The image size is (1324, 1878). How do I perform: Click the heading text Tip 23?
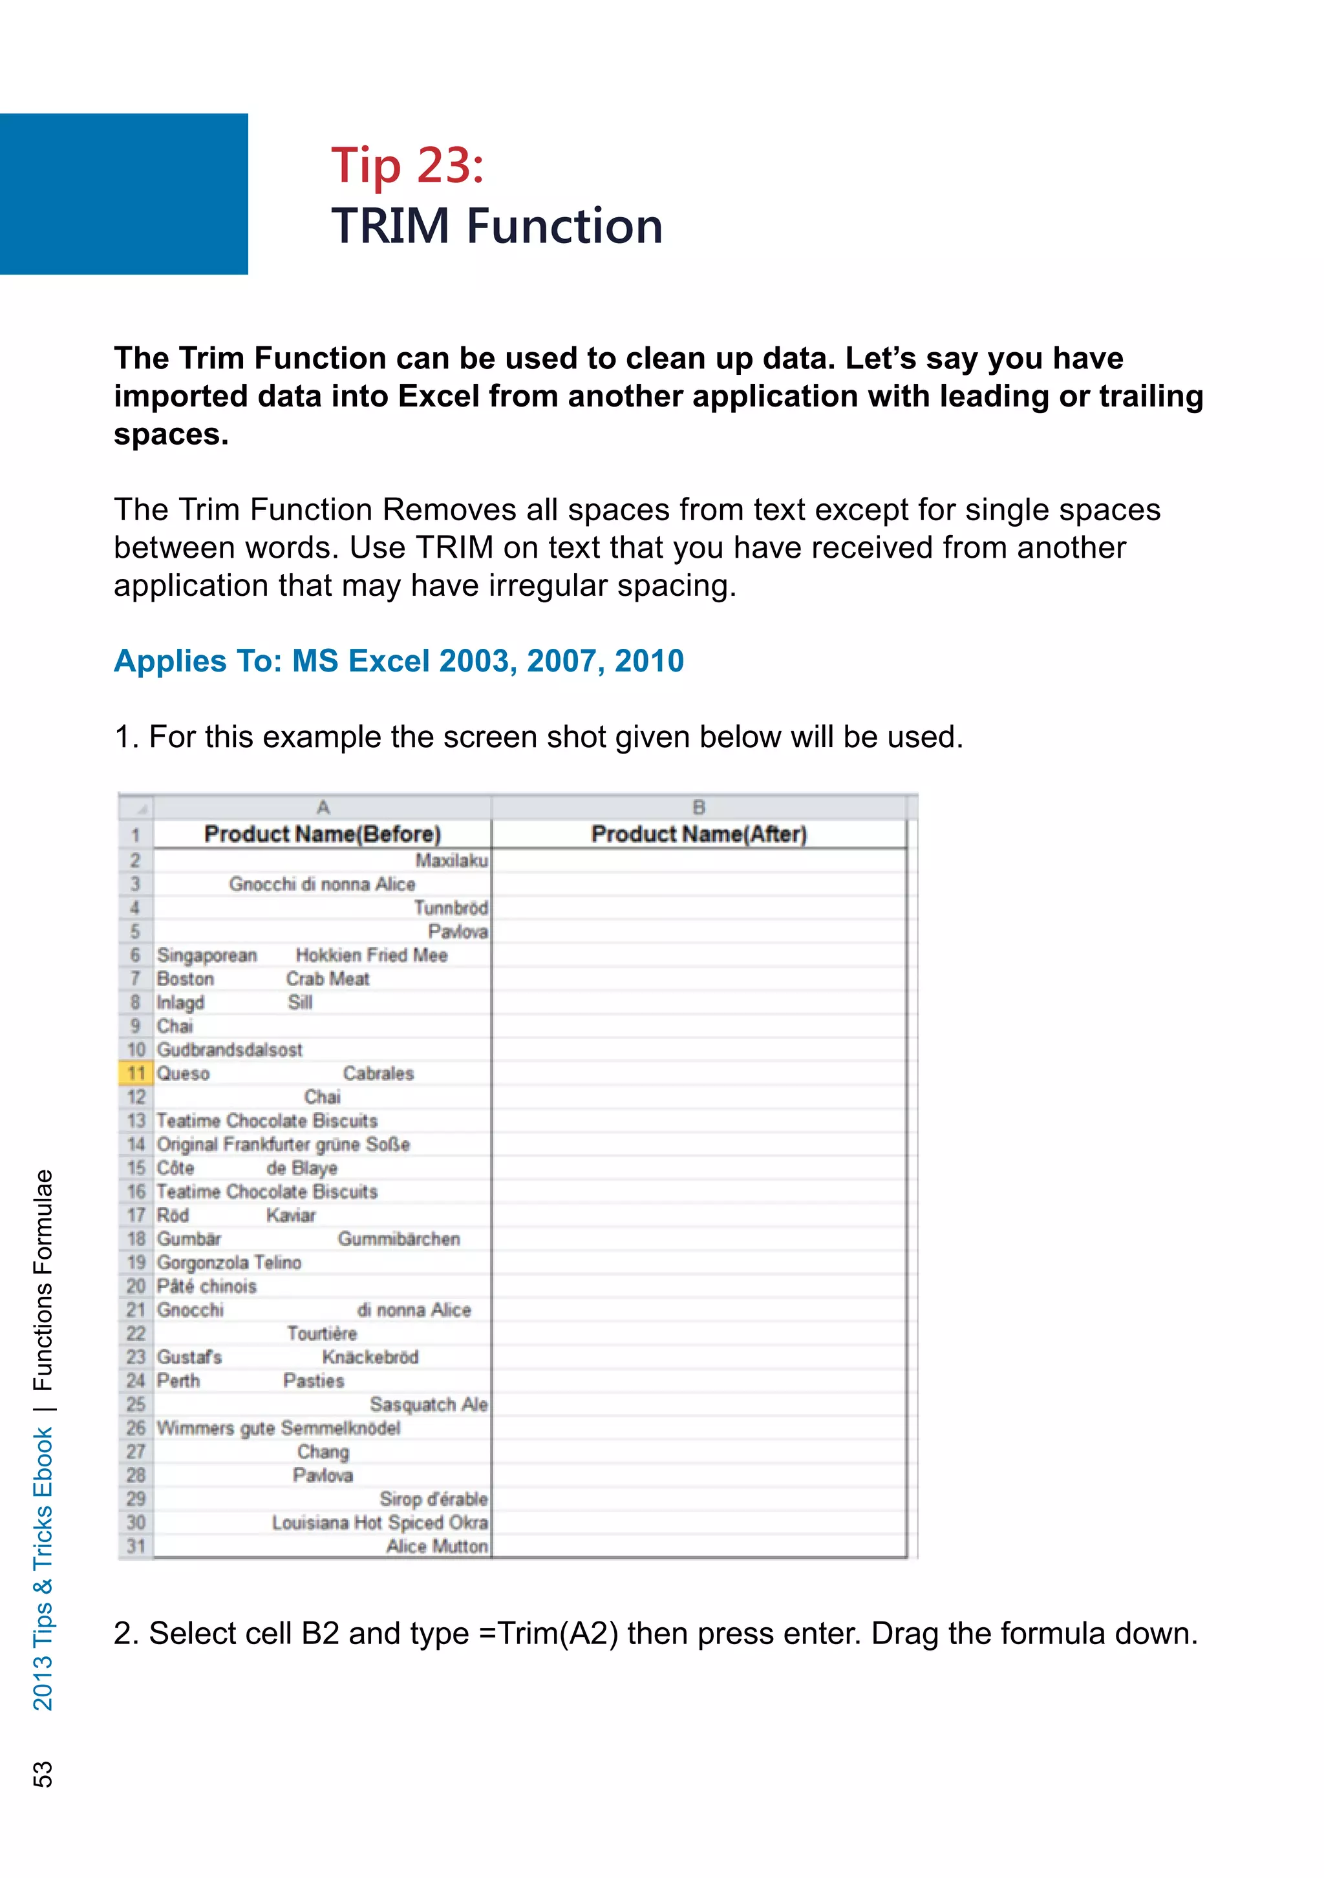[x=407, y=166]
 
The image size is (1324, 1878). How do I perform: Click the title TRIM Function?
[x=496, y=227]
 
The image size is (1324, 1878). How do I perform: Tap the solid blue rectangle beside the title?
[x=123, y=194]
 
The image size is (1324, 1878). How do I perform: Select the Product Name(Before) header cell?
[x=323, y=834]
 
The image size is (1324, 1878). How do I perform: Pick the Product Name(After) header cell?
[x=698, y=834]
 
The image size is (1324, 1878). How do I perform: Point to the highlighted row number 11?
[x=136, y=1073]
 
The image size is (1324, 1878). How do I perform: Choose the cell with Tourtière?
[x=323, y=1334]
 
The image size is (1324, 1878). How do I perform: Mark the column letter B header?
[x=698, y=807]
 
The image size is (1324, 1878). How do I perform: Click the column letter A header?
[x=323, y=807]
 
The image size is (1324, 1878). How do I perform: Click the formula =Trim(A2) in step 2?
[x=548, y=1634]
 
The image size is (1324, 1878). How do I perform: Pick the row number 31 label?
[x=136, y=1546]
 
